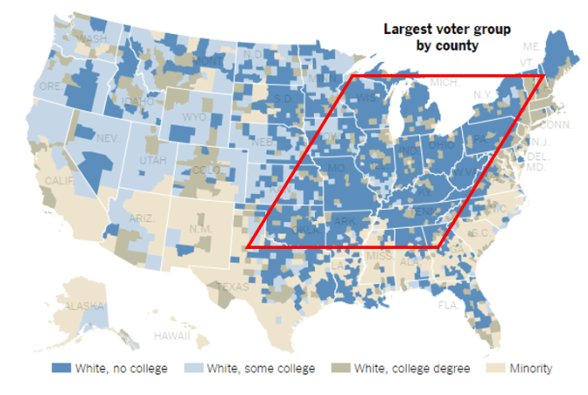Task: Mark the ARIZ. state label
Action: coord(141,218)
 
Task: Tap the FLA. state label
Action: coord(449,305)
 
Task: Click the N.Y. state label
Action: coord(484,93)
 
